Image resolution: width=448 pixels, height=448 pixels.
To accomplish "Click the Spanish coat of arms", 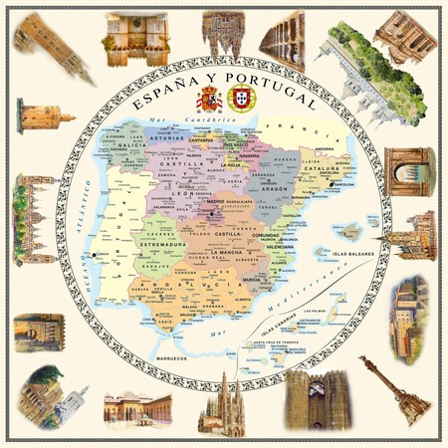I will [x=209, y=98].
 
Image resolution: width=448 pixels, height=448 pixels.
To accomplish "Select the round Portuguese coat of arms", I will [x=239, y=98].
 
